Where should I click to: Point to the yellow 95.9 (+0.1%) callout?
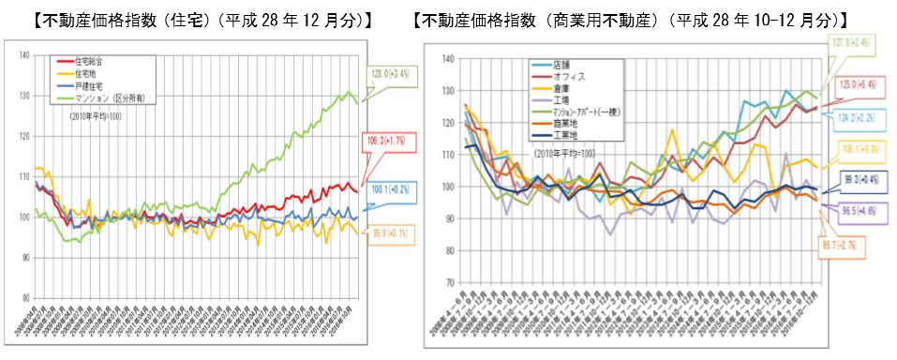[387, 230]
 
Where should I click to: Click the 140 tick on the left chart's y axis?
[21, 56]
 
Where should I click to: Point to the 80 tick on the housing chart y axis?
[22, 298]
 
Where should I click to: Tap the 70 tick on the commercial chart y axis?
[447, 282]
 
